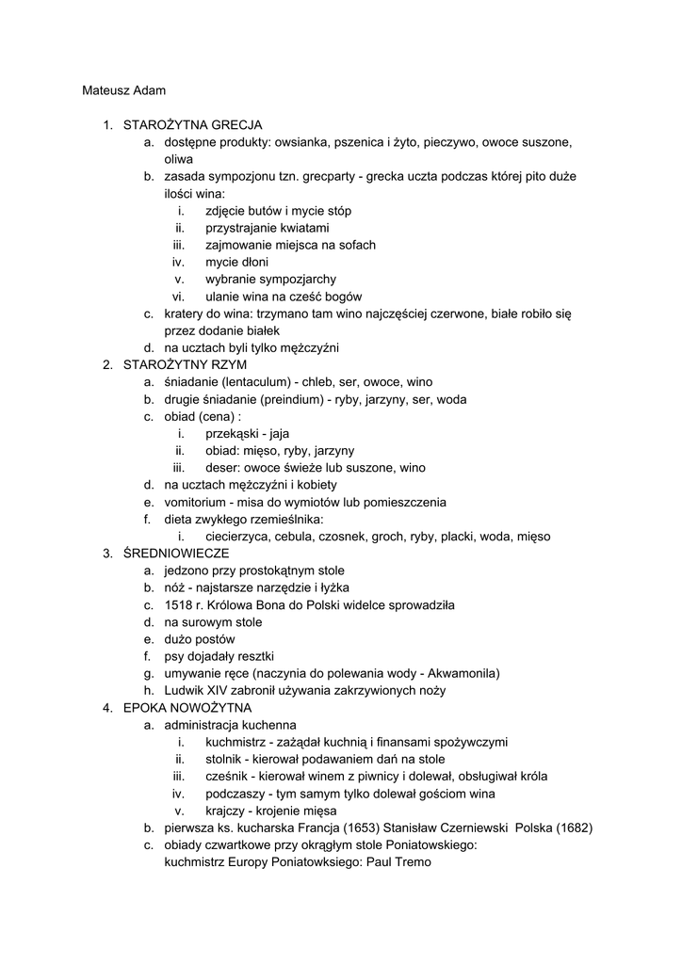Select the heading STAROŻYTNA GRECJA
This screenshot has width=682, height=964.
193,125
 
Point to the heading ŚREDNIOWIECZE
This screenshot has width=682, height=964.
176,554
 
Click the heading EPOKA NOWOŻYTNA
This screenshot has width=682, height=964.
187,708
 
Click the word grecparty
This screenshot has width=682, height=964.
333,176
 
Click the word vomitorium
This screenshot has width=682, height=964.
197,502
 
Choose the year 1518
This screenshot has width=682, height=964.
179,605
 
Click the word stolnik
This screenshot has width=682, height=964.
226,760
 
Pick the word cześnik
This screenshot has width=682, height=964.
228,777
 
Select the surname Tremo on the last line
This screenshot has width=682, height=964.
412,861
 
